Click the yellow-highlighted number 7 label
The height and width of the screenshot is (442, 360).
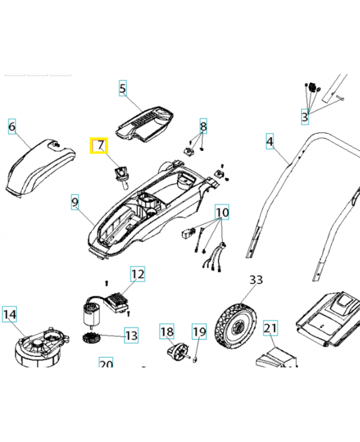(100, 146)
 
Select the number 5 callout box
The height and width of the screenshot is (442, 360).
(123, 87)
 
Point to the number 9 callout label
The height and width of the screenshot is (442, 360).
(75, 202)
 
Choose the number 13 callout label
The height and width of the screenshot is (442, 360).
(131, 335)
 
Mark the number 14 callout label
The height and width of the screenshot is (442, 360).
(10, 315)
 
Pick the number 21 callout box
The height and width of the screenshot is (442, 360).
(270, 329)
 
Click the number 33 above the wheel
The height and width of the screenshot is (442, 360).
(256, 280)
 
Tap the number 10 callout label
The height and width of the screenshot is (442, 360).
(222, 212)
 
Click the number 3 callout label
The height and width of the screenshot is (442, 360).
(304, 117)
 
